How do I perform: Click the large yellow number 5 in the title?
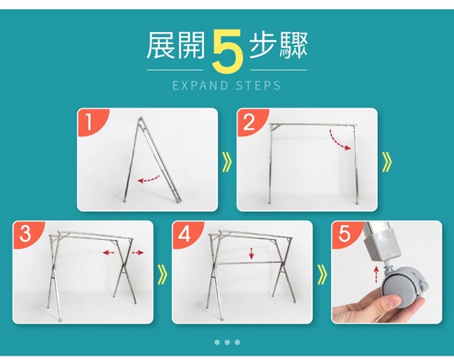click(227, 51)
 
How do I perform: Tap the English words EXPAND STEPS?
click(227, 86)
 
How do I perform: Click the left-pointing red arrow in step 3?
click(108, 253)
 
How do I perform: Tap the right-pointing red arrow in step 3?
click(138, 253)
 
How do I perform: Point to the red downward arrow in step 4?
click(251, 253)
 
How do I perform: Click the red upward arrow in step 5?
click(376, 274)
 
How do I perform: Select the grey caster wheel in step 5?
click(402, 285)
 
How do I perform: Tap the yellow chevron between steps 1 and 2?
click(228, 162)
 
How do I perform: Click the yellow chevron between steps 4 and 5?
click(322, 274)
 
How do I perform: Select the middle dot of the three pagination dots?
click(227, 343)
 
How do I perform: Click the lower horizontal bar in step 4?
click(249, 264)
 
